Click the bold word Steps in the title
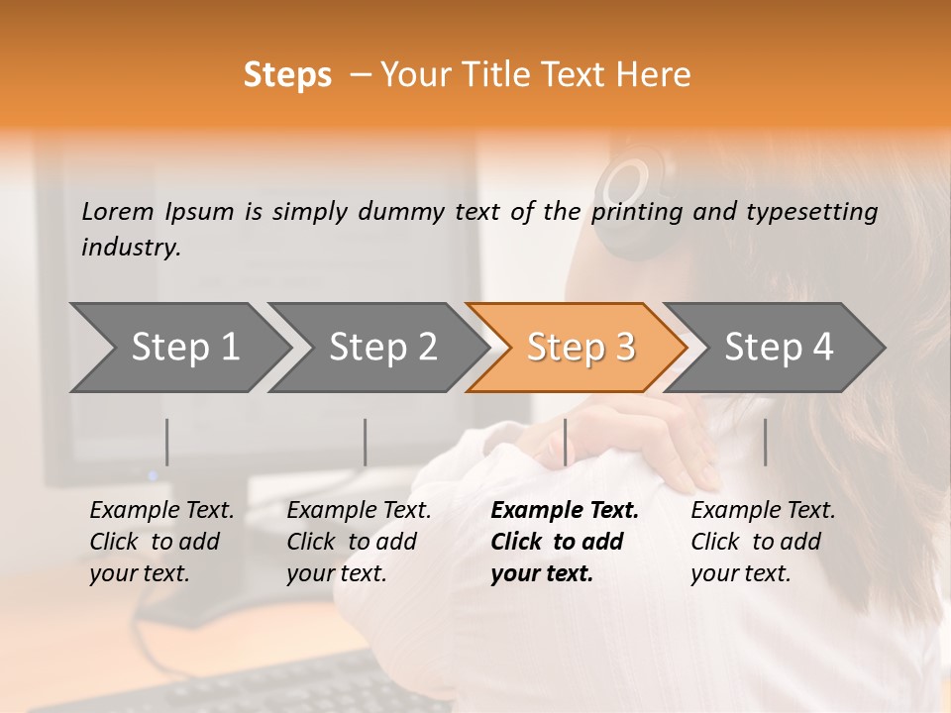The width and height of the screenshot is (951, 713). click(x=287, y=75)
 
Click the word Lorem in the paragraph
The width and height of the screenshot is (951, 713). click(x=117, y=211)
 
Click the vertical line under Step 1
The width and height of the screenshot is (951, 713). click(x=167, y=442)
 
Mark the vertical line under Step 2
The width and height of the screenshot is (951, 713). click(x=366, y=442)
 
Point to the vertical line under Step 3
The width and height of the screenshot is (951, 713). click(x=565, y=442)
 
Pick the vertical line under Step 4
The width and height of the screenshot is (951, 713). click(x=765, y=442)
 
